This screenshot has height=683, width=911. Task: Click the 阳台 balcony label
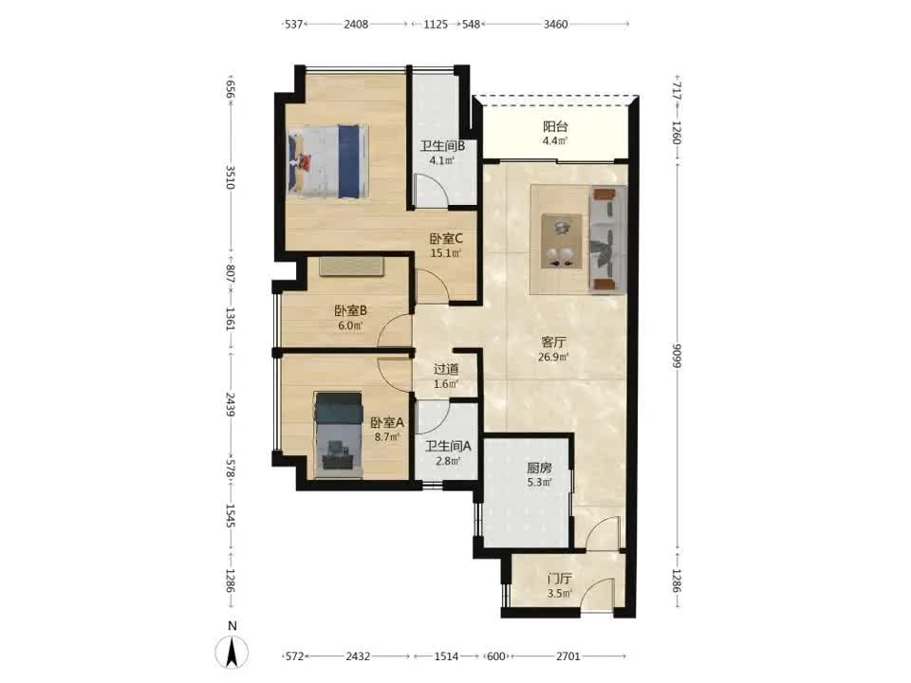[x=555, y=126]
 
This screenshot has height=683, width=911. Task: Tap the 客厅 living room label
[x=552, y=342]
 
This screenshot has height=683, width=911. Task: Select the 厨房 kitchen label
[x=539, y=468]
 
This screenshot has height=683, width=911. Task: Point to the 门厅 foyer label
[x=560, y=579]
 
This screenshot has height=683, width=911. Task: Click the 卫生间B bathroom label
[x=443, y=146]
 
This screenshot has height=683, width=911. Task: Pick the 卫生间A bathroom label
[x=447, y=446]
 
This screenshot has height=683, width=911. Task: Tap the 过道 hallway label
[x=446, y=369]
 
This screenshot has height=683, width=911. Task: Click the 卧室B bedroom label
[x=350, y=311]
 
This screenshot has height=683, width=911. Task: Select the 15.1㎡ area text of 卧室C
[x=446, y=253]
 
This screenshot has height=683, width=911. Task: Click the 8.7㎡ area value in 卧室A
[x=388, y=437]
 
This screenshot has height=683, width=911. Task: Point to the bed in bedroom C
[x=328, y=160]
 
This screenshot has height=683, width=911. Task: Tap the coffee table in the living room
[x=562, y=241]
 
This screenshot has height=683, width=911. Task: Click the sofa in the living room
[x=607, y=238]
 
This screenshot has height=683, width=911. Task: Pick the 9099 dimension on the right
[x=677, y=356]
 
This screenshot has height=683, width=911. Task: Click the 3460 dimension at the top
[x=555, y=25]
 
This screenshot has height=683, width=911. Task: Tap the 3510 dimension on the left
[x=231, y=177]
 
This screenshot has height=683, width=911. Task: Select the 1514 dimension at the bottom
[x=446, y=656]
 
